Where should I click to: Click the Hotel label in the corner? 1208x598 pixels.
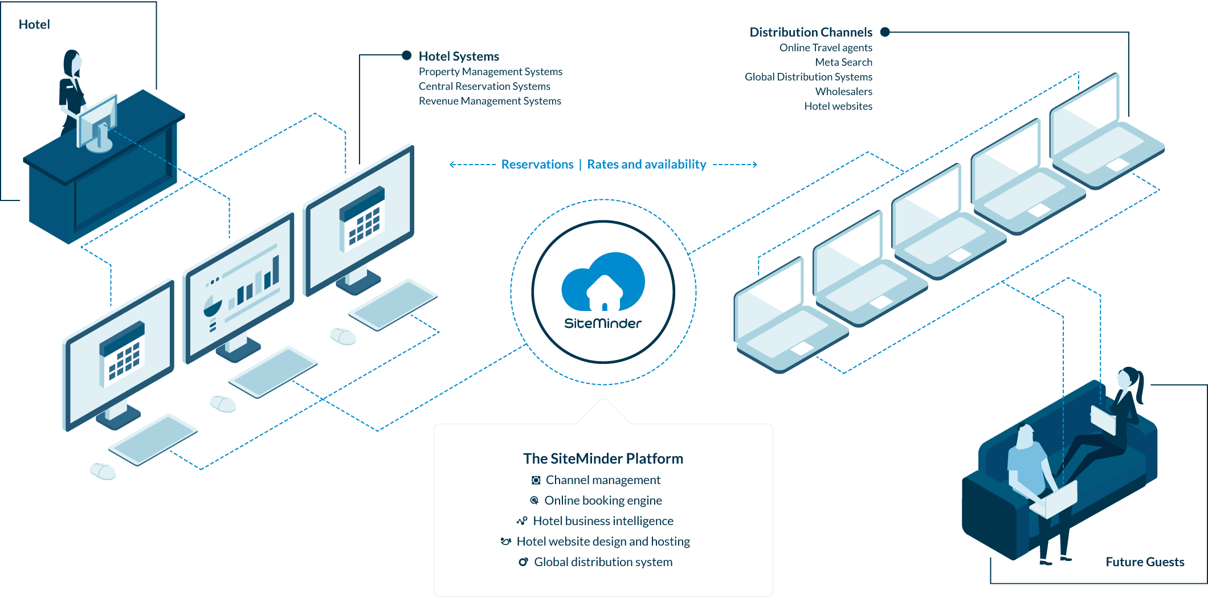(34, 24)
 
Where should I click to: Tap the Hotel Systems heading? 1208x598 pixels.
(459, 56)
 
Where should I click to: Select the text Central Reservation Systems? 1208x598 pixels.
(484, 86)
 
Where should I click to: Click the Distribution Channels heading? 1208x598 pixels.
(810, 32)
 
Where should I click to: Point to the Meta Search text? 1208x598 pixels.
(843, 62)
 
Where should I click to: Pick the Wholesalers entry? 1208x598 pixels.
(843, 91)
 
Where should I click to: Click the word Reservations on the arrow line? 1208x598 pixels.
(537, 164)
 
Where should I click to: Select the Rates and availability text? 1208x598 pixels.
(646, 164)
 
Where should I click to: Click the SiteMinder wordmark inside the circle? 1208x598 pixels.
(603, 323)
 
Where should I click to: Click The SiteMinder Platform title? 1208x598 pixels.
(603, 458)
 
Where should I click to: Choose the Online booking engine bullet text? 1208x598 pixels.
(603, 500)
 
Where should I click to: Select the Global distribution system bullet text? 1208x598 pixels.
(603, 562)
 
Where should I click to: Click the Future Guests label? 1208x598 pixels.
(1145, 562)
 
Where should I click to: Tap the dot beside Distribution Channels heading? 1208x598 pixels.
(885, 32)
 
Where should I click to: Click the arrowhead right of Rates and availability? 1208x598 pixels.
(754, 164)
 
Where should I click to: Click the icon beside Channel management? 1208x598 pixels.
(536, 480)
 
